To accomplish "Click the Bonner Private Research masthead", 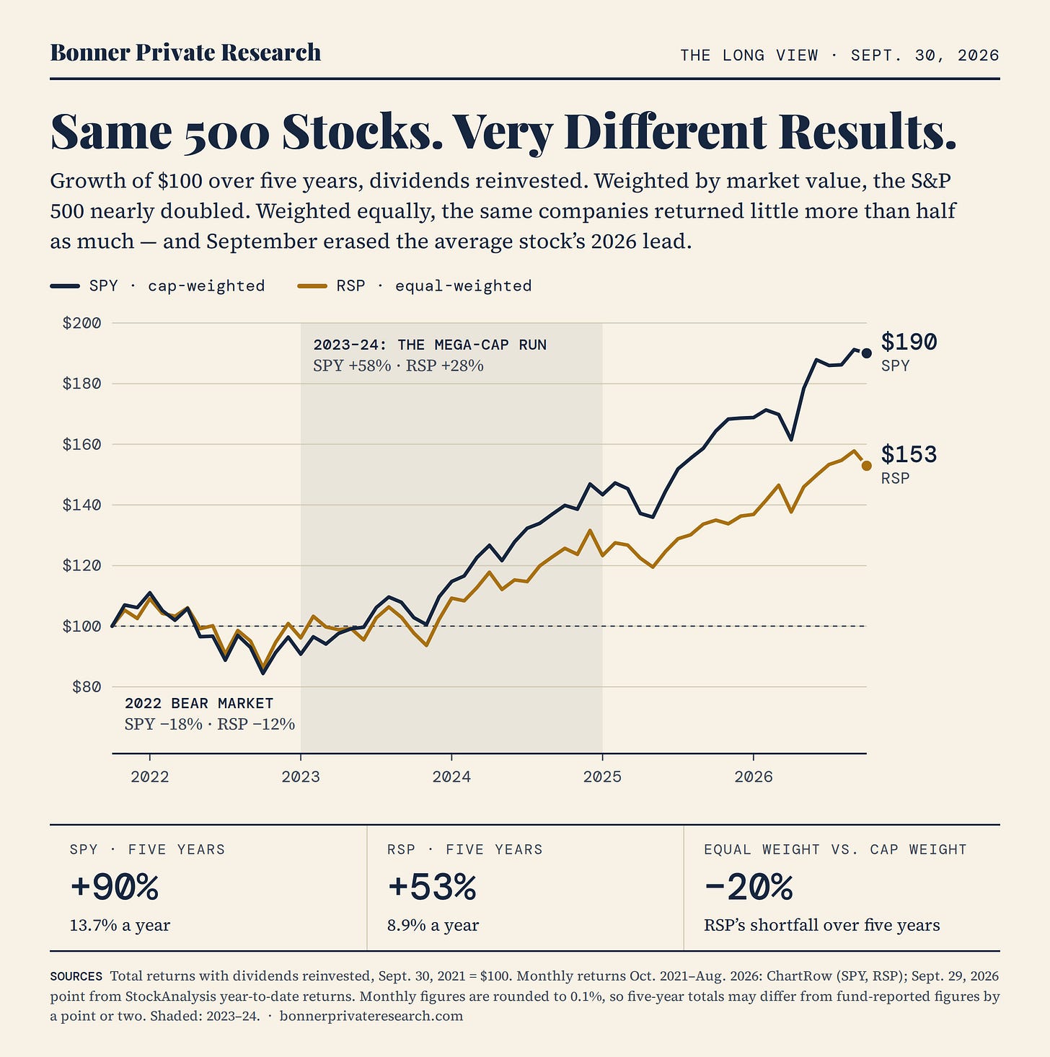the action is (x=185, y=53).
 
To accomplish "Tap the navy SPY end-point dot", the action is (x=867, y=353).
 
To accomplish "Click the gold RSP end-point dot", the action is (x=867, y=466).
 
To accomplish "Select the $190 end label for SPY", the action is (x=909, y=342).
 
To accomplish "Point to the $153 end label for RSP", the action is (x=909, y=454).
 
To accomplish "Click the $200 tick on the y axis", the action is (x=81, y=322).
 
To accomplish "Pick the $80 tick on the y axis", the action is (x=87, y=686).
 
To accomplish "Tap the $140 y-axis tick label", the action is (x=81, y=505).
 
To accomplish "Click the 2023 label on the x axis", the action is (x=301, y=777).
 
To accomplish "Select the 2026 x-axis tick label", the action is (x=754, y=777).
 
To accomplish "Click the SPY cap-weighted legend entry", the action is (x=157, y=286).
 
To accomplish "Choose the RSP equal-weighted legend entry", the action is (x=415, y=286).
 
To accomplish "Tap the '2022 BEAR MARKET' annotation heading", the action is (x=199, y=703).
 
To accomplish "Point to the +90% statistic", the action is (x=114, y=886).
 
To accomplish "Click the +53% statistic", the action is (x=432, y=886).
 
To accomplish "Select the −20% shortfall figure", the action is (x=749, y=886).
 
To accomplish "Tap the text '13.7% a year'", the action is (x=120, y=925).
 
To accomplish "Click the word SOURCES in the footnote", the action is (x=76, y=976).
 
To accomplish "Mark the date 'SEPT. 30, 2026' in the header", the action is (x=925, y=56).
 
